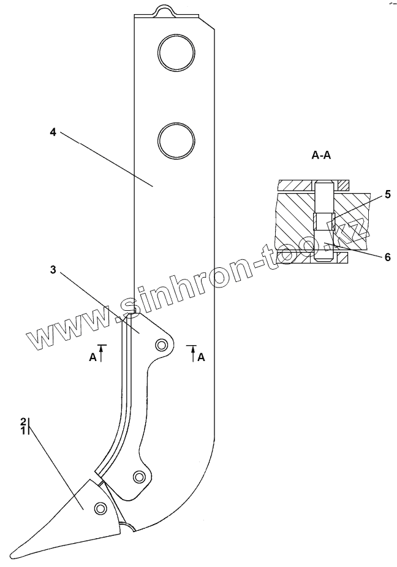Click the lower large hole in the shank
tap(176, 140)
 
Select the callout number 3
tap(53, 270)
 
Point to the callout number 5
tap(387, 195)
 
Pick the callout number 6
tap(387, 257)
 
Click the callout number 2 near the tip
tap(23, 421)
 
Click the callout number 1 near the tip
tap(23, 431)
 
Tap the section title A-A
tap(322, 156)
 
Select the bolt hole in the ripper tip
tap(99, 508)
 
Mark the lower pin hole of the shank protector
tap(139, 476)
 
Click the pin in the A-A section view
tap(323, 221)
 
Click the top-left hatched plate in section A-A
tap(297, 185)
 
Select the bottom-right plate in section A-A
tap(339, 257)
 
